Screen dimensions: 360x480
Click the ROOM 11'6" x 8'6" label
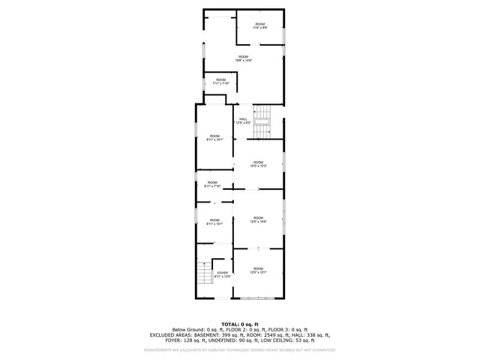(259, 26)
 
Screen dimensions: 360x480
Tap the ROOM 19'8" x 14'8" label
(244, 58)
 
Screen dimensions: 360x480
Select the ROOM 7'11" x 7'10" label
(220, 82)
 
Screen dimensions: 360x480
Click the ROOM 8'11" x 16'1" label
(214, 138)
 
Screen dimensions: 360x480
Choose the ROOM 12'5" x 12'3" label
(258, 163)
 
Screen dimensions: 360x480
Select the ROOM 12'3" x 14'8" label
(258, 220)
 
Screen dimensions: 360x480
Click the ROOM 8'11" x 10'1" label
(214, 222)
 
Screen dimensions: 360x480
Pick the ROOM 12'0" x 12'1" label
(258, 270)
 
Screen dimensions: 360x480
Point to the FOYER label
(223, 274)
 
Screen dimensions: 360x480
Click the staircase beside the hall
(262, 127)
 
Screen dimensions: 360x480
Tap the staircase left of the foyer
(202, 276)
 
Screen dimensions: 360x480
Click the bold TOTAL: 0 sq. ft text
(240, 322)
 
